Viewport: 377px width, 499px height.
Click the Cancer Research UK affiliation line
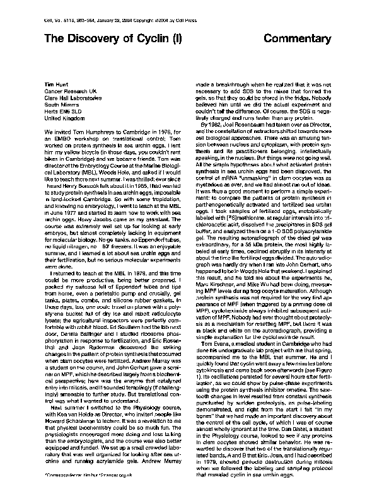click(71, 92)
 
